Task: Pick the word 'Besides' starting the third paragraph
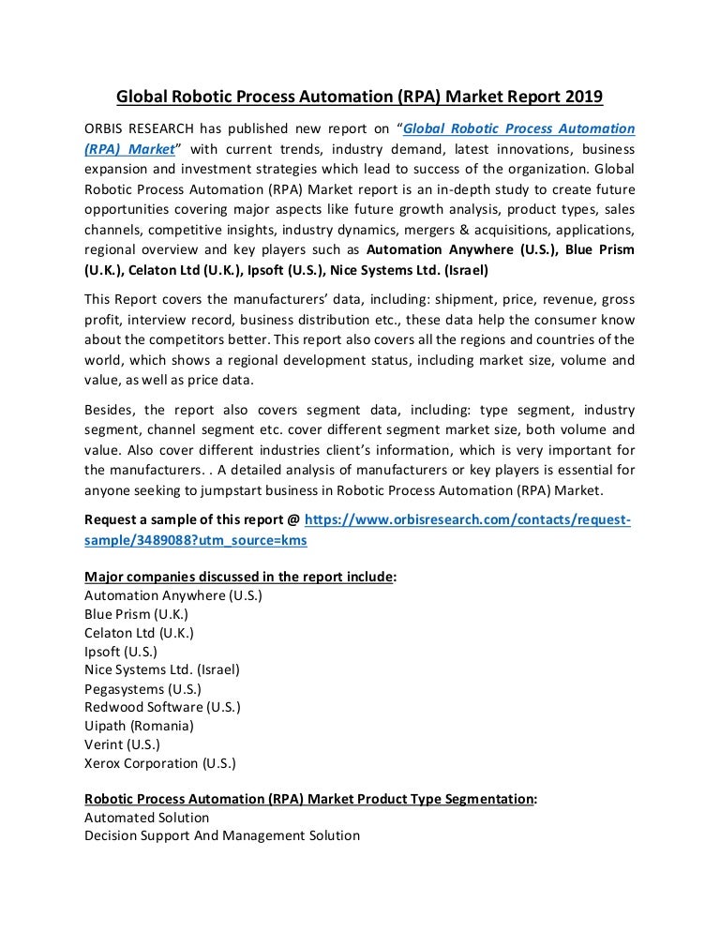111,411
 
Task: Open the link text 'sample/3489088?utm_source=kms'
196,541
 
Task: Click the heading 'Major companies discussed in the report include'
238,577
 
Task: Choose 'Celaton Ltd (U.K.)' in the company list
139,633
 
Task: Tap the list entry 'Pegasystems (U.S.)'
143,688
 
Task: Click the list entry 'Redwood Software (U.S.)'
162,707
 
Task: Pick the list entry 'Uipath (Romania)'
139,726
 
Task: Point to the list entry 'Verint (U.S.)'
122,744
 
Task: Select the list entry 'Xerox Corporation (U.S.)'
160,763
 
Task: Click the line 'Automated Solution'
147,818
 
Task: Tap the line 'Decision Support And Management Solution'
222,835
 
